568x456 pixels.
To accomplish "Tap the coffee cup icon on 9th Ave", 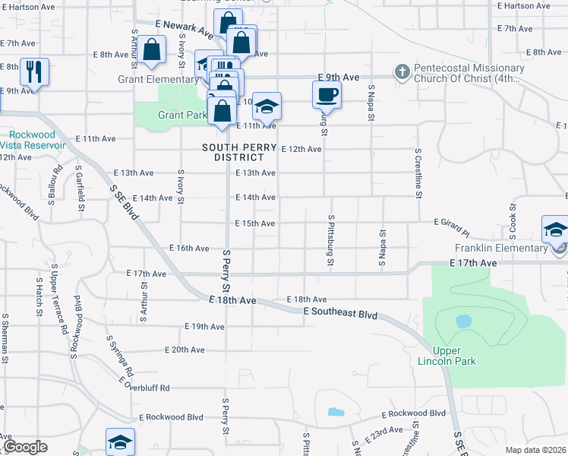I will (x=327, y=95).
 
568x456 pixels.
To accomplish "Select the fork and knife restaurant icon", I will (x=34, y=71).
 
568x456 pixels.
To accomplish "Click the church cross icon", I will (x=402, y=73).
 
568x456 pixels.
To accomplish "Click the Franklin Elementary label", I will (x=500, y=249).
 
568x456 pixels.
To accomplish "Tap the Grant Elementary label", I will (x=158, y=79).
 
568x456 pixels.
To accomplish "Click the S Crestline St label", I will (x=418, y=173).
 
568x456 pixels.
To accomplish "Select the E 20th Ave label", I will (x=185, y=350).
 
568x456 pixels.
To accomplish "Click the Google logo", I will (x=24, y=447).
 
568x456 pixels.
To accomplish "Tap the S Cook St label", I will (x=513, y=217).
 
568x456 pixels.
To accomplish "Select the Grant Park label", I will (x=182, y=116).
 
